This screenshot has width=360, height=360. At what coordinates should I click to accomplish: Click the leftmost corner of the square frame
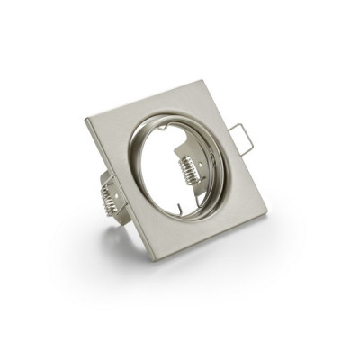click(x=86, y=120)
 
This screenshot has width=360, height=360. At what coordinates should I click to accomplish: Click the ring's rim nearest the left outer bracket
click(x=129, y=180)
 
